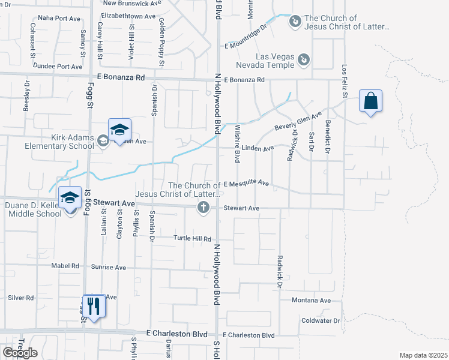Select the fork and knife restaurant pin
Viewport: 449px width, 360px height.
coord(93,306)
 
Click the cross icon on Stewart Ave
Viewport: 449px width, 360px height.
coord(203,208)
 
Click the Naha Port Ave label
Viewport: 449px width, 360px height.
coord(59,19)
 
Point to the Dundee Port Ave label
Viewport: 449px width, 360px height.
coord(58,67)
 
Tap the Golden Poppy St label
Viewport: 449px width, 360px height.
coord(161,41)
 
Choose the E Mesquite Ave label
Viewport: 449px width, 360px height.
coord(246,184)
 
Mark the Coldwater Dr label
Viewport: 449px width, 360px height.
coord(321,320)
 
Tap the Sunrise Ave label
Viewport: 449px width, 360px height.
coord(109,267)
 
